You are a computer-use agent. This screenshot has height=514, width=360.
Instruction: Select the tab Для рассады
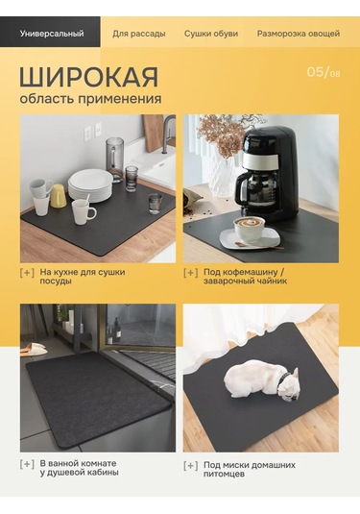tap(139, 34)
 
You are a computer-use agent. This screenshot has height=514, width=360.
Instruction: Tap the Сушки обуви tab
tap(211, 34)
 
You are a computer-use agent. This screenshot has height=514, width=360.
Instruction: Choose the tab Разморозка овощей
tap(299, 34)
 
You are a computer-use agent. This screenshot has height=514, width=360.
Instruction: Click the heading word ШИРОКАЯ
tap(88, 78)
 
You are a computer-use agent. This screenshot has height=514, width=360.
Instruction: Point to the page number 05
tap(315, 72)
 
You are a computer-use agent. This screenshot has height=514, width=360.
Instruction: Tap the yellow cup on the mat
tap(58, 195)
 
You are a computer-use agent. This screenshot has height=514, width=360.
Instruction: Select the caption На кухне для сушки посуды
tap(83, 277)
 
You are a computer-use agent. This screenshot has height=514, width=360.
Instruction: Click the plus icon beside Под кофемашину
tap(191, 273)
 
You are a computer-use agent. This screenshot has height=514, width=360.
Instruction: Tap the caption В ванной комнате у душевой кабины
tap(79, 468)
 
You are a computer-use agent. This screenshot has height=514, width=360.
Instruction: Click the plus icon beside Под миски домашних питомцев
tap(191, 466)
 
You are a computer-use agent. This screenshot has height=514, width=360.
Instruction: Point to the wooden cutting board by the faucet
tap(154, 133)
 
